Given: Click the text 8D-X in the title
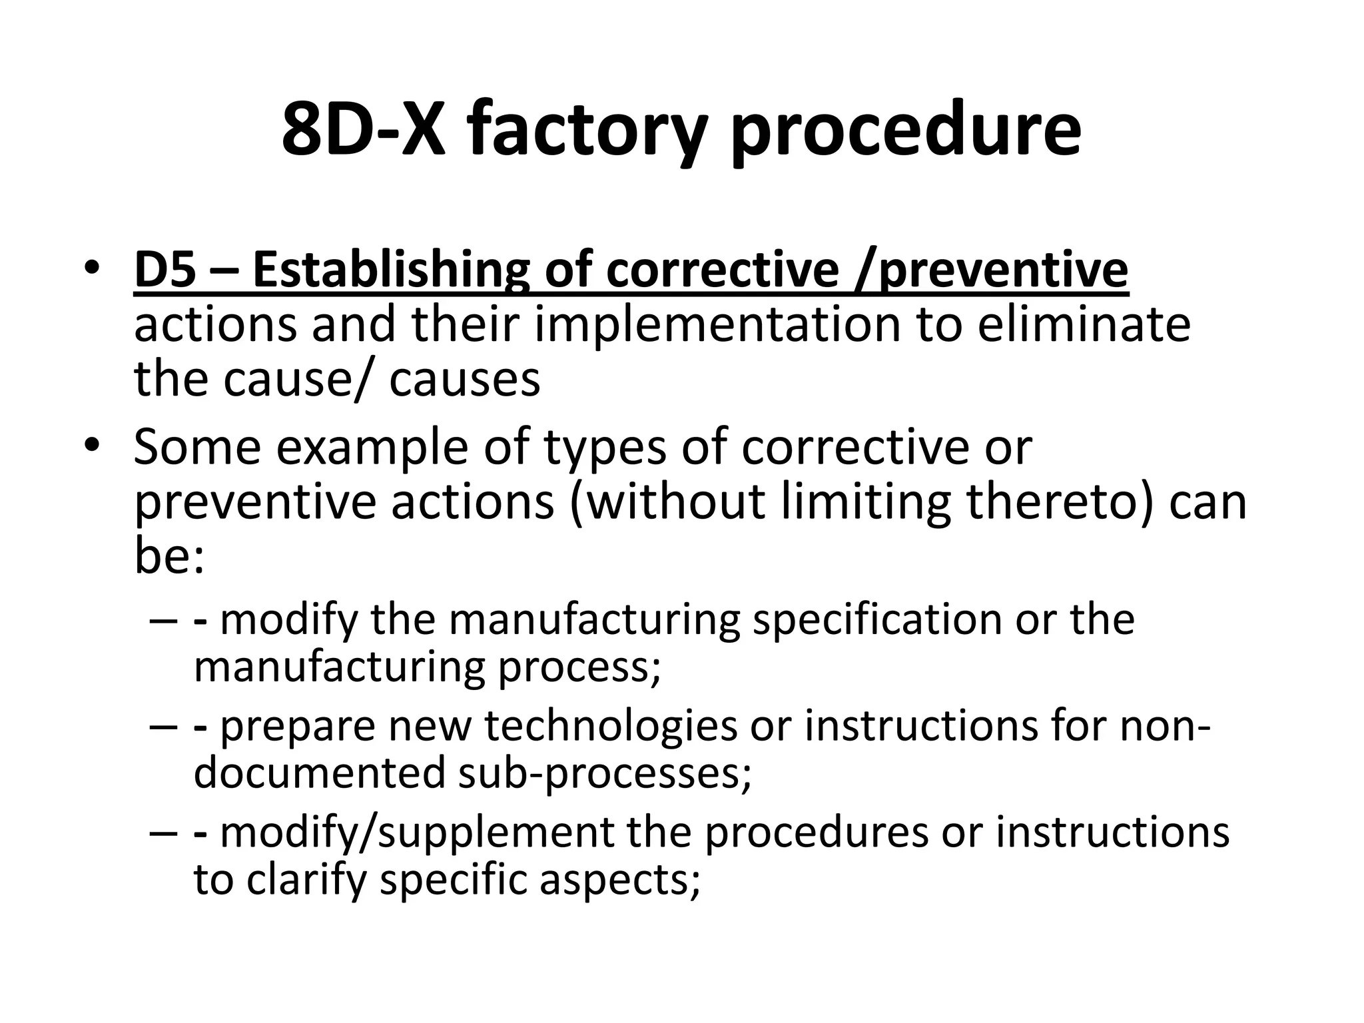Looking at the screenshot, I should [363, 129].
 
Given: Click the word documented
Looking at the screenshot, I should [319, 773].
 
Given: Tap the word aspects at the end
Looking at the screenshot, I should [619, 880].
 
